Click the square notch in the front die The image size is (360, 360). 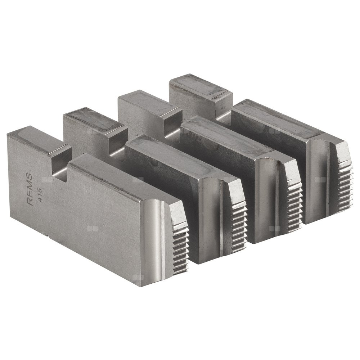point(60,166)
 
